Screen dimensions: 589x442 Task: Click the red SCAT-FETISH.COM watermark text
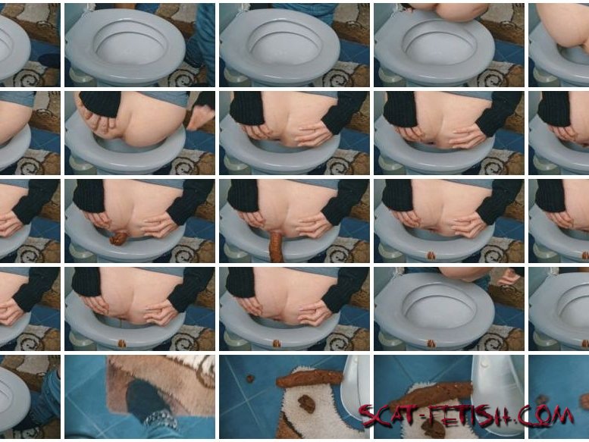click(465, 416)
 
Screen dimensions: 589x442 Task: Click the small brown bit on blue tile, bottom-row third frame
click(249, 378)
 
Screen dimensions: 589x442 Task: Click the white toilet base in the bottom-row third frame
click(355, 390)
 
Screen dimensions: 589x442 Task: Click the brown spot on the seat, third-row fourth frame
click(431, 255)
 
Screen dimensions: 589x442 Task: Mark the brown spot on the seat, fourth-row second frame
click(122, 343)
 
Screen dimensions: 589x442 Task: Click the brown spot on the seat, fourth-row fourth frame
click(431, 343)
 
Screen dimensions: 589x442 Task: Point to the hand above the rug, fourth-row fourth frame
click(508, 277)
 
